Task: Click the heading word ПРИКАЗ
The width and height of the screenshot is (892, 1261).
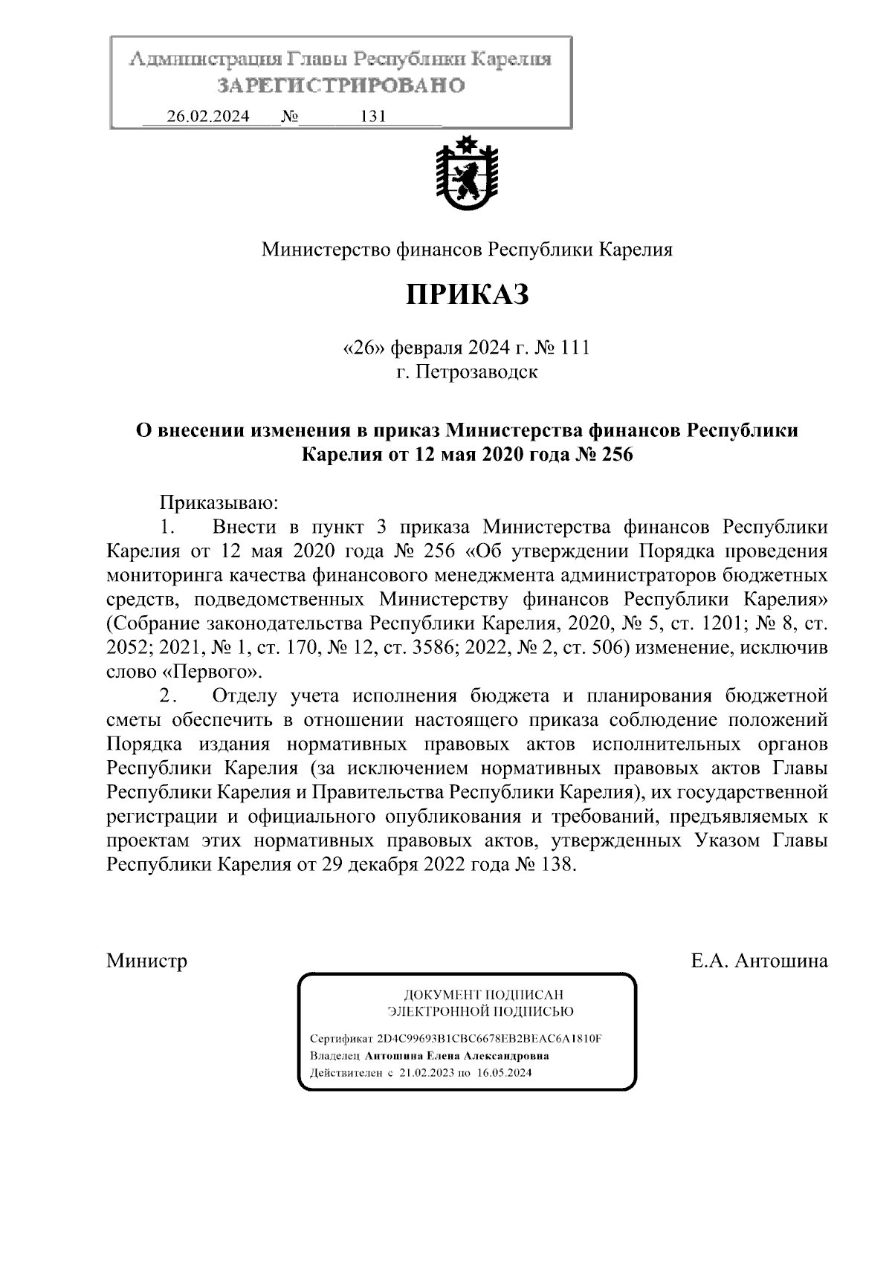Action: [x=467, y=295]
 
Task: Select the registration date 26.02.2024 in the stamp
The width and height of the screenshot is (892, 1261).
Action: [x=208, y=117]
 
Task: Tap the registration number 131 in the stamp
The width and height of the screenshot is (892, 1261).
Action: [x=372, y=117]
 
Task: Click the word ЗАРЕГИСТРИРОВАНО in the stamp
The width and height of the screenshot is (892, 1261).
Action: [x=341, y=85]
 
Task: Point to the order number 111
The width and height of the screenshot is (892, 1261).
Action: [x=573, y=348]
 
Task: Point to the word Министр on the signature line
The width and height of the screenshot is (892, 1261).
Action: [x=147, y=961]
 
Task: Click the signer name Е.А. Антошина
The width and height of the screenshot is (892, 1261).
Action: [x=759, y=961]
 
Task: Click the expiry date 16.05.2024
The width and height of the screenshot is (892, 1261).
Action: [x=505, y=1073]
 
